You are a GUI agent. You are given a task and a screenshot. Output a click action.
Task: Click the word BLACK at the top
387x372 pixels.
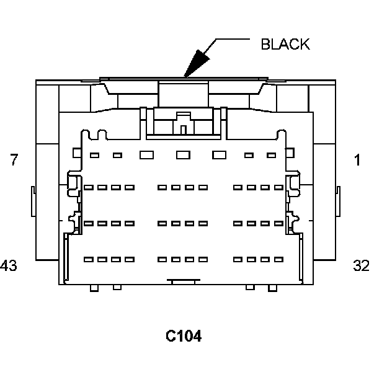pos(285,45)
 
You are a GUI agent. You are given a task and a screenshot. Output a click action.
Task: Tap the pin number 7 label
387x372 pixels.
pos(14,160)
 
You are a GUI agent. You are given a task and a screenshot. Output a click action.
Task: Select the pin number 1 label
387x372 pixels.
pos(357,160)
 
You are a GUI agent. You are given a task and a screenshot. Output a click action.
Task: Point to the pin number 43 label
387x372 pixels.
pos(9,266)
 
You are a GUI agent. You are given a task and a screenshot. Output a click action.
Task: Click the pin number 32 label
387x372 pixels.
pos(361,266)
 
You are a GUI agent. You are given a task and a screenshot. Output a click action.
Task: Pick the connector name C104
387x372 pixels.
pos(184,336)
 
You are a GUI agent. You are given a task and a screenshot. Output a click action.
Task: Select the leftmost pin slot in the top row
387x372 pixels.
pos(95,155)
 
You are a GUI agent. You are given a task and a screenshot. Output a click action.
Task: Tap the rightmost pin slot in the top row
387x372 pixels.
pos(271,155)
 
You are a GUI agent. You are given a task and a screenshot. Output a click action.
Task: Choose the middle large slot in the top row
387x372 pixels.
pos(182,155)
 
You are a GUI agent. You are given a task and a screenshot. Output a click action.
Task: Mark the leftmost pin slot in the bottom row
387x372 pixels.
pos(88,259)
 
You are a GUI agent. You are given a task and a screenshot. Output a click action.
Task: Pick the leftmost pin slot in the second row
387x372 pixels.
pos(88,187)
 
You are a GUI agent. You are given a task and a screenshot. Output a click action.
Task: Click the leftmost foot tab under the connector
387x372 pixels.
pos(94,288)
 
